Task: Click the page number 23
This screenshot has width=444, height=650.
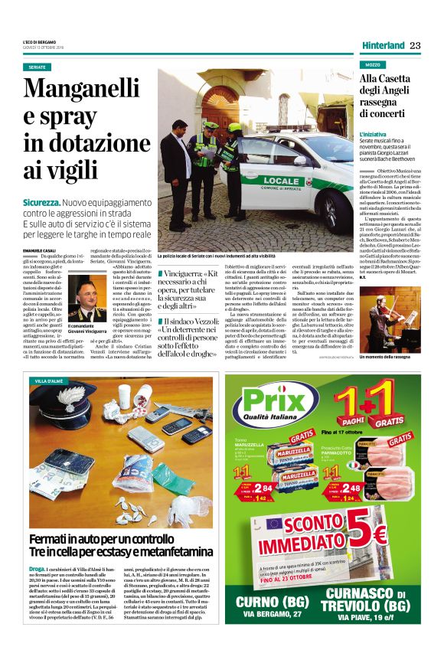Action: (415, 45)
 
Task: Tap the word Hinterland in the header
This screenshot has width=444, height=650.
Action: (383, 45)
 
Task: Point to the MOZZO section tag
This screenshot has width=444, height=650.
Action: (374, 65)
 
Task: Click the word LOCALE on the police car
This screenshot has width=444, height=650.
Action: (281, 181)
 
